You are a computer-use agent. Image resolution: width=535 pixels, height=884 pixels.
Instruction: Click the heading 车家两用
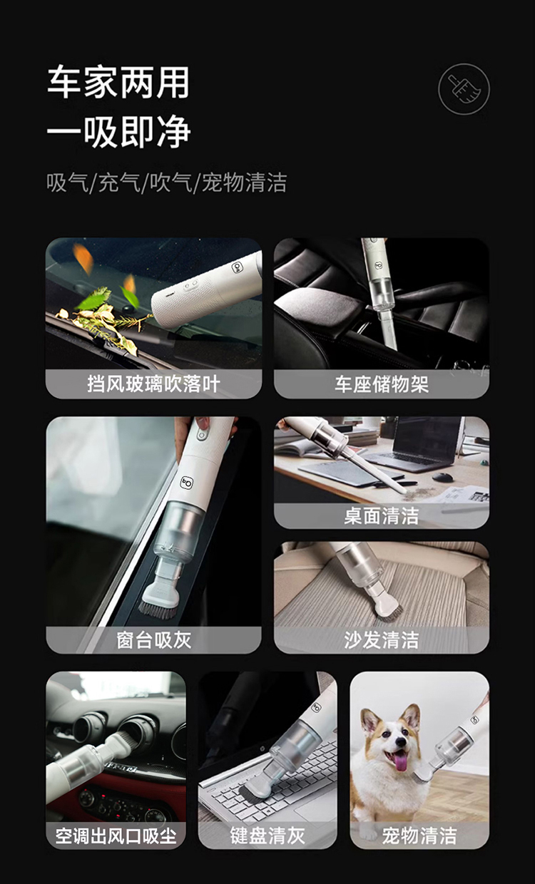[x=118, y=82]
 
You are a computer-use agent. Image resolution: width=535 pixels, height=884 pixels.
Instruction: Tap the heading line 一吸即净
[x=118, y=132]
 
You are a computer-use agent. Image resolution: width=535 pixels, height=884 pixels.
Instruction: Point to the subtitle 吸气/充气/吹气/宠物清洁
[x=166, y=183]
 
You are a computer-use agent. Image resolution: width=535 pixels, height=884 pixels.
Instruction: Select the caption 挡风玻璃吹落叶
[x=153, y=384]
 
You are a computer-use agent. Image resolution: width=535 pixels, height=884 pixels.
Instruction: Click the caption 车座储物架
[x=382, y=384]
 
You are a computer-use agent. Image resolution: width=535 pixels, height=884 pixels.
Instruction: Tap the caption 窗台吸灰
[x=153, y=639]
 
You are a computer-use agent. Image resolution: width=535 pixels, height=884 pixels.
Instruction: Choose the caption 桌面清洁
[x=382, y=515]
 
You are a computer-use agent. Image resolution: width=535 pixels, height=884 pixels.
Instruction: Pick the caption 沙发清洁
[x=382, y=639]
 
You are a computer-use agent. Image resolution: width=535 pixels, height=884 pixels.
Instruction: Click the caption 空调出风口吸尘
[x=116, y=835]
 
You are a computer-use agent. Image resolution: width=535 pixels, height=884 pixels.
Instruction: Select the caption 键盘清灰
[x=267, y=835]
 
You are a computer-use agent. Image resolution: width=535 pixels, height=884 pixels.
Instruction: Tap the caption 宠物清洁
[x=419, y=835]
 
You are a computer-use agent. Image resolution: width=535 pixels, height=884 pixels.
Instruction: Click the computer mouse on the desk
[x=443, y=477]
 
